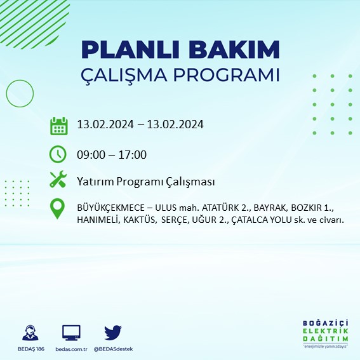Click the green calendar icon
pos(58,125)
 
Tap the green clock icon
pos(58,154)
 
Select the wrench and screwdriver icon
pos(58,180)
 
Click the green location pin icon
pos(58,210)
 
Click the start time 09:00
pos(90,154)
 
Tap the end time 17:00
pos(134,154)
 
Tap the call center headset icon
pos(29,333)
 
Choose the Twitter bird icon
pos(113,333)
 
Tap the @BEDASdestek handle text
pos(114,349)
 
